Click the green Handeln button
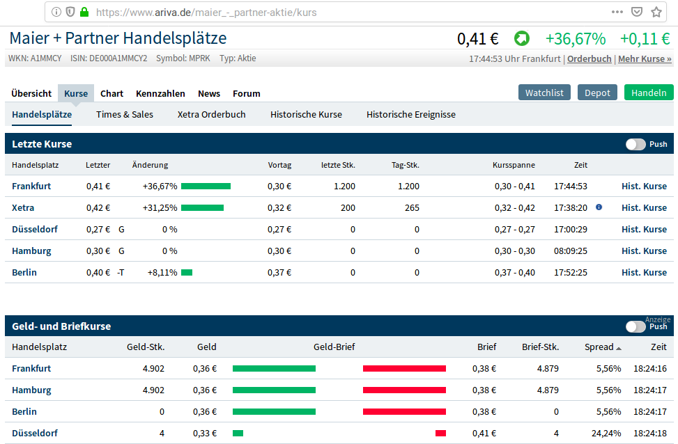pyautogui.click(x=648, y=93)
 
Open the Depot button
pyautogui.click(x=597, y=93)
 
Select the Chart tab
pyautogui.click(x=111, y=93)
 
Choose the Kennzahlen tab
pyautogui.click(x=160, y=93)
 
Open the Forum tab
pyautogui.click(x=246, y=93)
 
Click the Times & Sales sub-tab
pyautogui.click(x=125, y=114)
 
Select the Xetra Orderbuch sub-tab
pyautogui.click(x=211, y=114)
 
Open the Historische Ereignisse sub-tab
pyautogui.click(x=410, y=114)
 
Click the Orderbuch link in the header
pyautogui.click(x=589, y=59)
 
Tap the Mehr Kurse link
pyautogui.click(x=645, y=59)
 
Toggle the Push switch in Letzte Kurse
pyautogui.click(x=635, y=144)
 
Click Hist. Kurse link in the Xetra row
pyautogui.click(x=644, y=207)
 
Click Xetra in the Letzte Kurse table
pyautogui.click(x=23, y=207)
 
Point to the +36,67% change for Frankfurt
pyautogui.click(x=160, y=186)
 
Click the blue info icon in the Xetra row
pyautogui.click(x=599, y=207)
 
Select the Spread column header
pyautogui.click(x=599, y=347)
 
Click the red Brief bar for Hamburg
pyautogui.click(x=404, y=390)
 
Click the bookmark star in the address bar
pyautogui.click(x=656, y=12)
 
